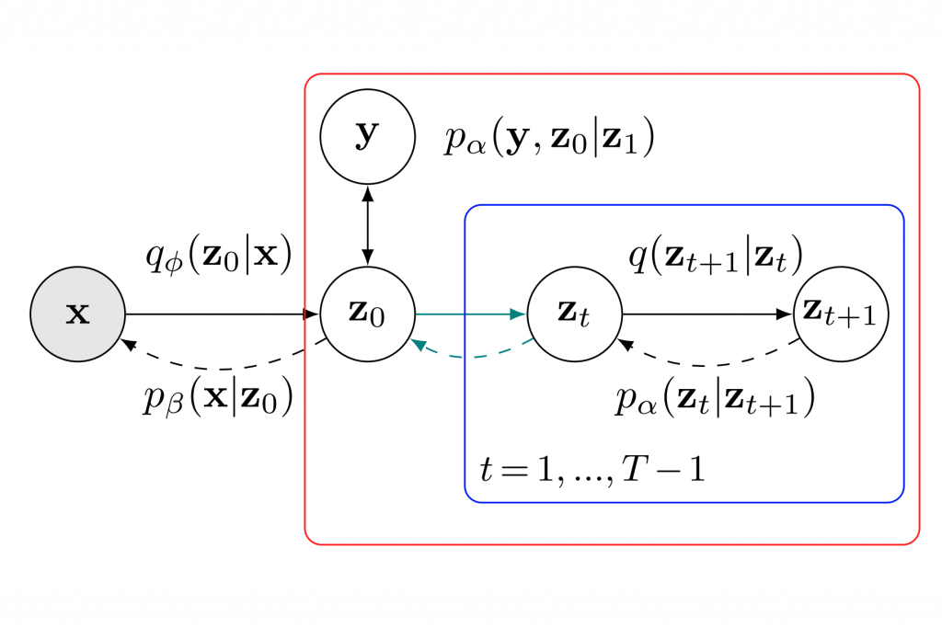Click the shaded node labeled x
pyautogui.click(x=78, y=314)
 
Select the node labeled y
pyautogui.click(x=368, y=137)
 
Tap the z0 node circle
pyautogui.click(x=368, y=314)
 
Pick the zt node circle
pyautogui.click(x=575, y=314)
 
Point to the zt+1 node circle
pyautogui.click(x=841, y=314)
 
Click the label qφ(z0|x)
pyautogui.click(x=219, y=256)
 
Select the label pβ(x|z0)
pyautogui.click(x=218, y=397)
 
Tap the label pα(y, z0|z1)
pyautogui.click(x=549, y=139)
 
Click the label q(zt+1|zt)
pyautogui.click(x=716, y=256)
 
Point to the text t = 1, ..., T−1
pyautogui.click(x=592, y=469)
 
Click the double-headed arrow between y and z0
pyautogui.click(x=368, y=225)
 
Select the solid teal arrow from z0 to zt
pyautogui.click(x=471, y=314)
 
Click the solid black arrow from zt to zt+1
pyautogui.click(x=707, y=314)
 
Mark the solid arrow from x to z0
pyautogui.click(x=223, y=314)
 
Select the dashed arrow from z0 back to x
pyautogui.click(x=223, y=369)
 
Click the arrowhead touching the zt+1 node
pyautogui.click(x=786, y=314)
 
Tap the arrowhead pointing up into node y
pyautogui.click(x=368, y=193)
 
